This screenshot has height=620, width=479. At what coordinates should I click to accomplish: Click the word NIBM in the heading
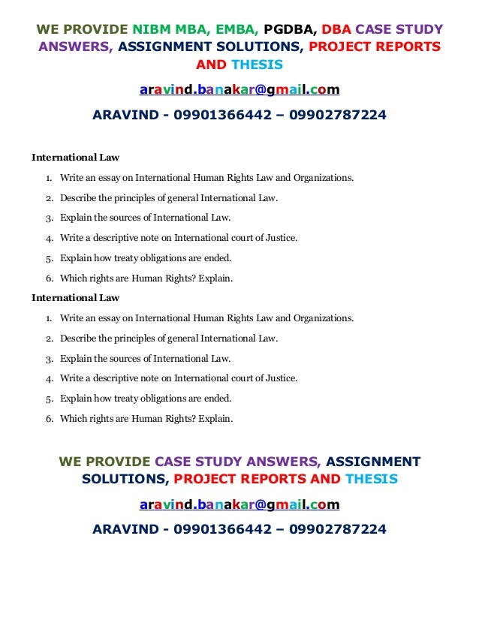click(158, 30)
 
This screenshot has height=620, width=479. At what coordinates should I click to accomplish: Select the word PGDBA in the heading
click(290, 30)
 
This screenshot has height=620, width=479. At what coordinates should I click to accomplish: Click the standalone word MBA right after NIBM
click(197, 30)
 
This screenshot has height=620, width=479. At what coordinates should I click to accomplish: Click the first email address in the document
click(239, 91)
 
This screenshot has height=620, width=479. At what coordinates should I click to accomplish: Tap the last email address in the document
click(239, 504)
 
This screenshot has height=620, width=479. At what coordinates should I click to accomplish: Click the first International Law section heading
click(75, 158)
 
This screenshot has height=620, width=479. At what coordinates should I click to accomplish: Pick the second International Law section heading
click(75, 298)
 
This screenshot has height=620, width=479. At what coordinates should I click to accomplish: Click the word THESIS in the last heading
click(372, 478)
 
